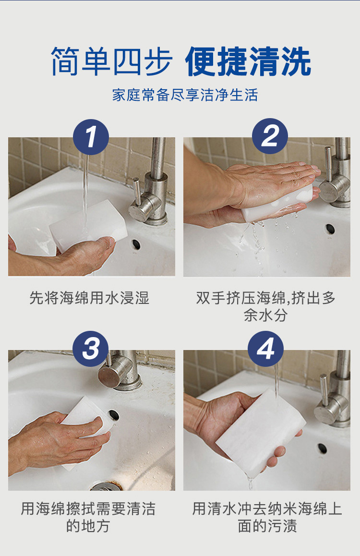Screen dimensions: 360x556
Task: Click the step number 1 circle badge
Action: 91,137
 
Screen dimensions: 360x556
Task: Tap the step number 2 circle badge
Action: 270,136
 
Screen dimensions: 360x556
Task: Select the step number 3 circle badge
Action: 90,349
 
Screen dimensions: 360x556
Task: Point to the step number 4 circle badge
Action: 265,349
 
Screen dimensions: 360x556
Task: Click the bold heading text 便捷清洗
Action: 248,61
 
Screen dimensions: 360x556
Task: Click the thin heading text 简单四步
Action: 112,61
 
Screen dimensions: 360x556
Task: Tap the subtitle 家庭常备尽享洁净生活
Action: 185,95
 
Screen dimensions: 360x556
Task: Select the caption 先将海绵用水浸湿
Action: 89,298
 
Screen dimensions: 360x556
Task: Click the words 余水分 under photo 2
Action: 265,314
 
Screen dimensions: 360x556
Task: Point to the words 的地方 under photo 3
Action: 88,526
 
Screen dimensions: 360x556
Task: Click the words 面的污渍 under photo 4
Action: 267,526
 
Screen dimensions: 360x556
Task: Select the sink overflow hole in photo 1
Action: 136,244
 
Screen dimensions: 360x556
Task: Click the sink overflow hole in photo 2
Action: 330,229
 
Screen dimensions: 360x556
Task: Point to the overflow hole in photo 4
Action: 322,448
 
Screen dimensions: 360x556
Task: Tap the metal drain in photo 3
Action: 106,486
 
